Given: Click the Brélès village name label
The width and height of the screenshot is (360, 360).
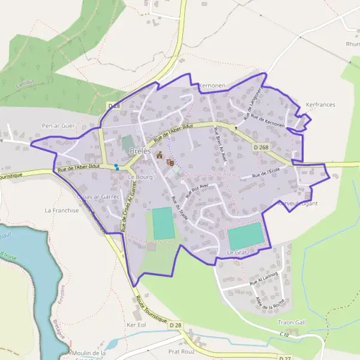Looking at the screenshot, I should click(140, 151).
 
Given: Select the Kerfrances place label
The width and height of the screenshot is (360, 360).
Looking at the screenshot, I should click(320, 104).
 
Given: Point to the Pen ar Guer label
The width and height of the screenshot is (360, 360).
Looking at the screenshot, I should click(58, 126).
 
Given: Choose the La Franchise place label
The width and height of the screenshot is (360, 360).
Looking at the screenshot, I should click(62, 211).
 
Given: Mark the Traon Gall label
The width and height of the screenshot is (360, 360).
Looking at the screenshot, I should click(292, 322).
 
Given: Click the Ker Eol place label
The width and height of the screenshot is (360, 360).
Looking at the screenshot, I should click(137, 325).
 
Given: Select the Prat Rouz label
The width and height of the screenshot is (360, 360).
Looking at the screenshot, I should click(182, 352).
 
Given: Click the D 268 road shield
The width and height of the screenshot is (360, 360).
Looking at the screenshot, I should click(262, 147).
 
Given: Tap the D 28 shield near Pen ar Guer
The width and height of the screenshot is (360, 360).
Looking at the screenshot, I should click(114, 106).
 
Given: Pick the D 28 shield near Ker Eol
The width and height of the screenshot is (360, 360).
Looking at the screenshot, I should click(175, 325).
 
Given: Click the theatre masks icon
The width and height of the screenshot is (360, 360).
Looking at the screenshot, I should click(170, 162).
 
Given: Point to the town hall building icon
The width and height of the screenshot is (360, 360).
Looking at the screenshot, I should click(160, 156).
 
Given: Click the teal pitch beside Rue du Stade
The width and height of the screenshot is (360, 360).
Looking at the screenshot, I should click(162, 223).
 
